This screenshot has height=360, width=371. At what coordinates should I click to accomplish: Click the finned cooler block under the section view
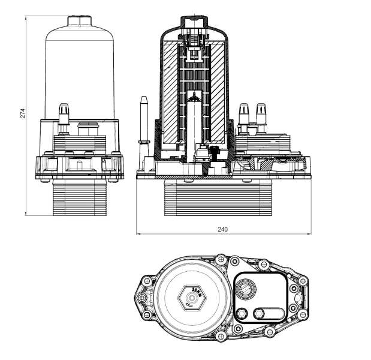click(x=216, y=198)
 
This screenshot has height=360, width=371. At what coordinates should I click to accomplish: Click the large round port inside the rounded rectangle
click(x=245, y=291)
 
